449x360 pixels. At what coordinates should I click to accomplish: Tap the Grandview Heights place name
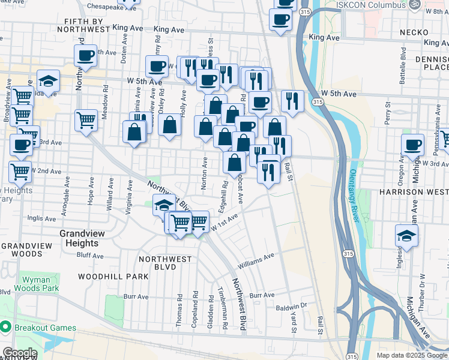tap(79, 238)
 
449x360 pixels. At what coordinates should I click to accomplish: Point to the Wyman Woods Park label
tap(41, 284)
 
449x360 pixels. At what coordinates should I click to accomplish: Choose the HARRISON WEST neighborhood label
tap(414, 192)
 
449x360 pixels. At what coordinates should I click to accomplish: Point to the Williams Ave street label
tap(256, 260)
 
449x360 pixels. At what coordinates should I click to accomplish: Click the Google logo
tap(19, 353)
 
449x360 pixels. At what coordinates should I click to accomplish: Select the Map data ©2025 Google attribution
tap(412, 355)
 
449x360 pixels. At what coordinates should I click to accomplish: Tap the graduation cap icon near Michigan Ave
tap(406, 237)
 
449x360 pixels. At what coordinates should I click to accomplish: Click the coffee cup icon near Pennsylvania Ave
tap(413, 145)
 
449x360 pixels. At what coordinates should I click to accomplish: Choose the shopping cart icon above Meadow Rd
tap(86, 120)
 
